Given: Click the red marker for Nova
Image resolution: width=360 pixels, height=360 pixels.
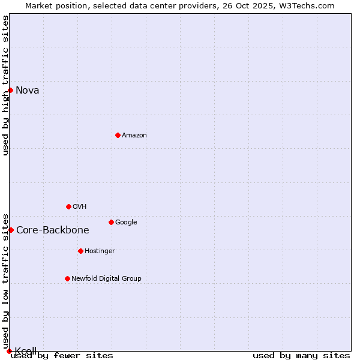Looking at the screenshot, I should point(10,90).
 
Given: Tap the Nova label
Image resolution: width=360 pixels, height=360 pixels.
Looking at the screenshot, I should point(28,91).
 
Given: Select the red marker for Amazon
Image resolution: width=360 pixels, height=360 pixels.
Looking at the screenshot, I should point(118,135).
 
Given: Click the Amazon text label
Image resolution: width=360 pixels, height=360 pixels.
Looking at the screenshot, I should point(134,136).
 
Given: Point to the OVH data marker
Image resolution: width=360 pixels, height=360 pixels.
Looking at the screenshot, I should point(68,206).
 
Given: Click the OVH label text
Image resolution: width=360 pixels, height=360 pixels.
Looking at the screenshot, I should point(80,207).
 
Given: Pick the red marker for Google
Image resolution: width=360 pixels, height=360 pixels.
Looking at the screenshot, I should point(111,222).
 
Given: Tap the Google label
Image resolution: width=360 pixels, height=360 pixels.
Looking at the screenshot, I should point(126,223).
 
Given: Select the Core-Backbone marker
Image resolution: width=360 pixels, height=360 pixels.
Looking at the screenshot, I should point(11,230).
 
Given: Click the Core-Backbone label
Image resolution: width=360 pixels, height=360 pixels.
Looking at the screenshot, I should point(53,230).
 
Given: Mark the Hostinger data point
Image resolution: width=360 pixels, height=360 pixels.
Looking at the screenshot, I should point(80,251).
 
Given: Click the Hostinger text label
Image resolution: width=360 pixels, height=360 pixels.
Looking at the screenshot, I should point(100,251).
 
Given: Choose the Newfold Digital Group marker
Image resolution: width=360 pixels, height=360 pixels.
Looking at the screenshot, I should point(67,278).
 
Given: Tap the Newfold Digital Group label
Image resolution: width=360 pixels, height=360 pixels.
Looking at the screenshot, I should point(107,279).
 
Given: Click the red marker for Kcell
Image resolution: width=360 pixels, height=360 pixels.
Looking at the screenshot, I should point(9,351).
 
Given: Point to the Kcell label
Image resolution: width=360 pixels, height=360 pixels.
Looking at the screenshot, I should point(26,351).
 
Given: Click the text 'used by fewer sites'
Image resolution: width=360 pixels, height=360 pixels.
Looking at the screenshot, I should point(62,356).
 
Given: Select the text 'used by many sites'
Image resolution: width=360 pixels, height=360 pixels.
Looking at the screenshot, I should point(301,356).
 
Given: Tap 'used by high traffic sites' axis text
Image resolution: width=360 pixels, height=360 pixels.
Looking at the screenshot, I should point(5,85).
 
